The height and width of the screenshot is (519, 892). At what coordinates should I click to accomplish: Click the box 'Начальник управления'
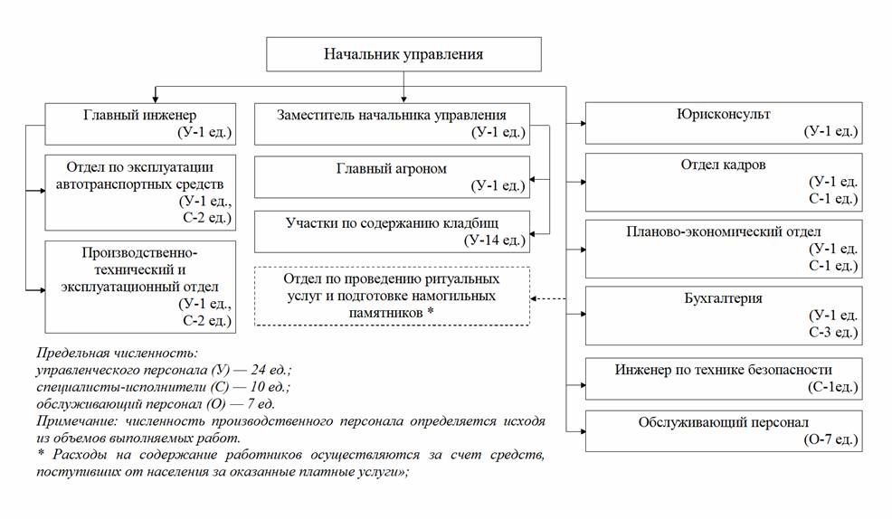(403, 54)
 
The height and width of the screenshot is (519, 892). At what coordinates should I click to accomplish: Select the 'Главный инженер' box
(141, 124)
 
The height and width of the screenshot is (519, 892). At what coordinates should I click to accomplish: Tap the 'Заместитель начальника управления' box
(391, 124)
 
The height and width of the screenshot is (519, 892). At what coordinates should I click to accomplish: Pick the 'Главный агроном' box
(391, 177)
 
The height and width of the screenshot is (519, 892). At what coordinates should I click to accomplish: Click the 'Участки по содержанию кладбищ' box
(391, 231)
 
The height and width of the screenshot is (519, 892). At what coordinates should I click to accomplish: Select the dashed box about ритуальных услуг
(391, 296)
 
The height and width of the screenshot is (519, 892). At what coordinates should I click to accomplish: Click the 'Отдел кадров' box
(723, 182)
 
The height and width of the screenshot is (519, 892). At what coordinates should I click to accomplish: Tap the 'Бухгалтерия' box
(723, 315)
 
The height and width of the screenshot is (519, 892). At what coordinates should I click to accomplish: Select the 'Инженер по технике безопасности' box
(723, 378)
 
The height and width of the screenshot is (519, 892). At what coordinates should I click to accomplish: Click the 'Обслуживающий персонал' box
(723, 430)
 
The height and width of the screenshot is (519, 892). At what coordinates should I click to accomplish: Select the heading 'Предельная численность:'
(117, 354)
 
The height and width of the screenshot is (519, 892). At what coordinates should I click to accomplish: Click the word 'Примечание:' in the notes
(76, 420)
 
